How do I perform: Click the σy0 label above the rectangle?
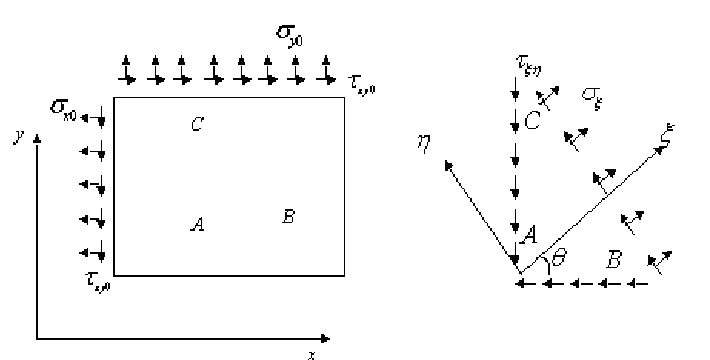(x=289, y=36)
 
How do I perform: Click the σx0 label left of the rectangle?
(x=64, y=112)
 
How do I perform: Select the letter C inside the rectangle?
(x=196, y=124)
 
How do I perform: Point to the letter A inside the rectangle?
(x=197, y=225)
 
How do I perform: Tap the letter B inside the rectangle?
(x=288, y=216)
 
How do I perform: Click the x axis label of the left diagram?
(x=312, y=353)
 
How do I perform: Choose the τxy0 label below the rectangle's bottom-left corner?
(x=99, y=285)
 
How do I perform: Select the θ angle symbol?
(x=560, y=260)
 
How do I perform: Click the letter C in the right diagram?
(x=531, y=120)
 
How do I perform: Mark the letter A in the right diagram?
(x=528, y=237)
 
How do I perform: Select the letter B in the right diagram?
(x=613, y=261)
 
